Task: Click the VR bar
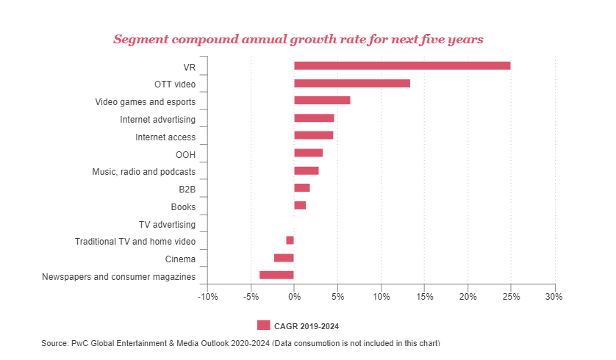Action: pyautogui.click(x=402, y=65)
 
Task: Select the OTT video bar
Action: pyautogui.click(x=352, y=83)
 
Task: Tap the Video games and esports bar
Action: pyautogui.click(x=322, y=101)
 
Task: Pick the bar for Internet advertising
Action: pyautogui.click(x=314, y=118)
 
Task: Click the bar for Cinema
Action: pyautogui.click(x=284, y=258)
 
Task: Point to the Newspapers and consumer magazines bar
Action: pyautogui.click(x=276, y=275)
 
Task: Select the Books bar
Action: pyautogui.click(x=300, y=205)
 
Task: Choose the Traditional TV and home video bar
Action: pyautogui.click(x=290, y=240)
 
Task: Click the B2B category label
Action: pyautogui.click(x=187, y=189)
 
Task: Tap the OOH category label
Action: pyautogui.click(x=185, y=154)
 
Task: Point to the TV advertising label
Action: pyautogui.click(x=167, y=224)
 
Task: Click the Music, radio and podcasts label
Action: pyautogui.click(x=143, y=172)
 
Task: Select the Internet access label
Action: pyautogui.click(x=165, y=137)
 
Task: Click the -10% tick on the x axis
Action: pyautogui.click(x=207, y=297)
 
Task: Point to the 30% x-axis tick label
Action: pyautogui.click(x=554, y=297)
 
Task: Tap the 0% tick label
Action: pyautogui.click(x=294, y=297)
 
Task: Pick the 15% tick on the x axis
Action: pyautogui.click(x=424, y=297)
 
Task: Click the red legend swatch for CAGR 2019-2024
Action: pyautogui.click(x=263, y=325)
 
